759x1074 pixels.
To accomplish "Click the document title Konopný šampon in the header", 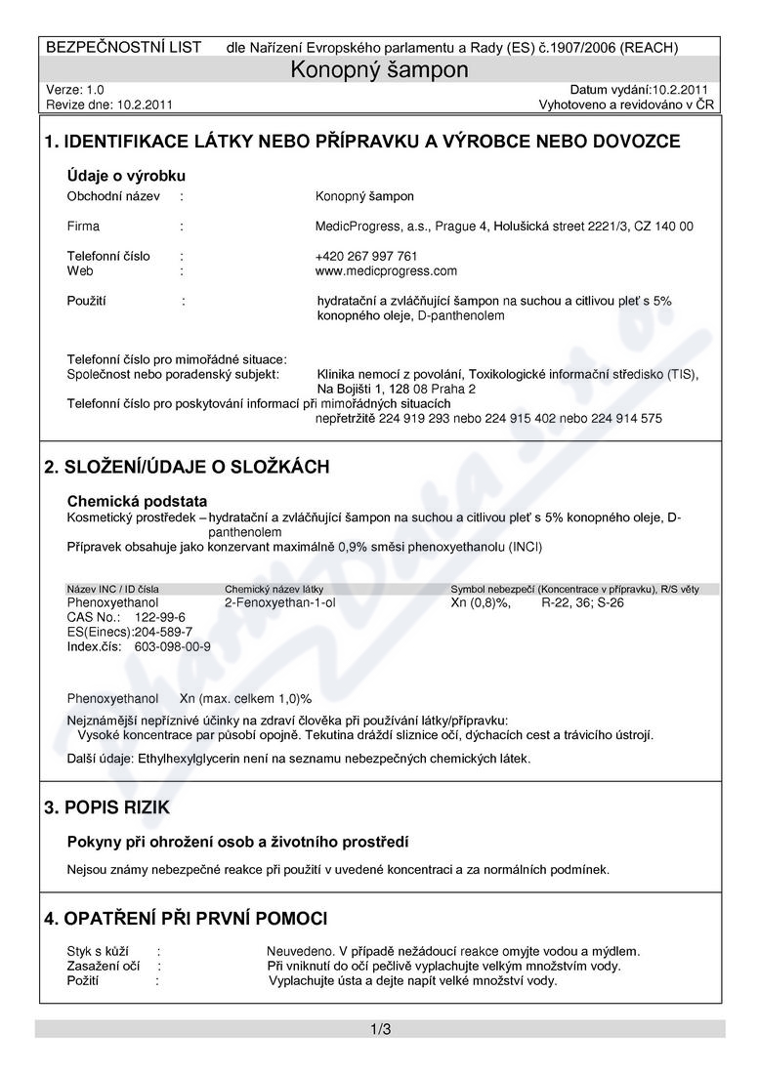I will click(x=380, y=70).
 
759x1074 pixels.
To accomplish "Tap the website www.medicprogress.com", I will click(x=386, y=270).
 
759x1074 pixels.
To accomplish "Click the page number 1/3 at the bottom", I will click(x=380, y=1029).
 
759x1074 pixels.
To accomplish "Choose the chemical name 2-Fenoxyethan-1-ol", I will click(x=279, y=602).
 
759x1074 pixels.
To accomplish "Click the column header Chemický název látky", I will click(x=274, y=589).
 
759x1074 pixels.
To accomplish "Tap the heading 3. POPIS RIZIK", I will click(x=107, y=807).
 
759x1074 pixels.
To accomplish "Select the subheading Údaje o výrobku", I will click(x=126, y=176).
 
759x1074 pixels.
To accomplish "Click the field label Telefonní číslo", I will click(x=108, y=256).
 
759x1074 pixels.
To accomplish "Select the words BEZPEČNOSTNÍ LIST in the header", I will click(x=124, y=47).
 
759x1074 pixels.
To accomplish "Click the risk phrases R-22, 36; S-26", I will click(x=582, y=602).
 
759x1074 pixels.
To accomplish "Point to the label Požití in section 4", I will click(x=83, y=980).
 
